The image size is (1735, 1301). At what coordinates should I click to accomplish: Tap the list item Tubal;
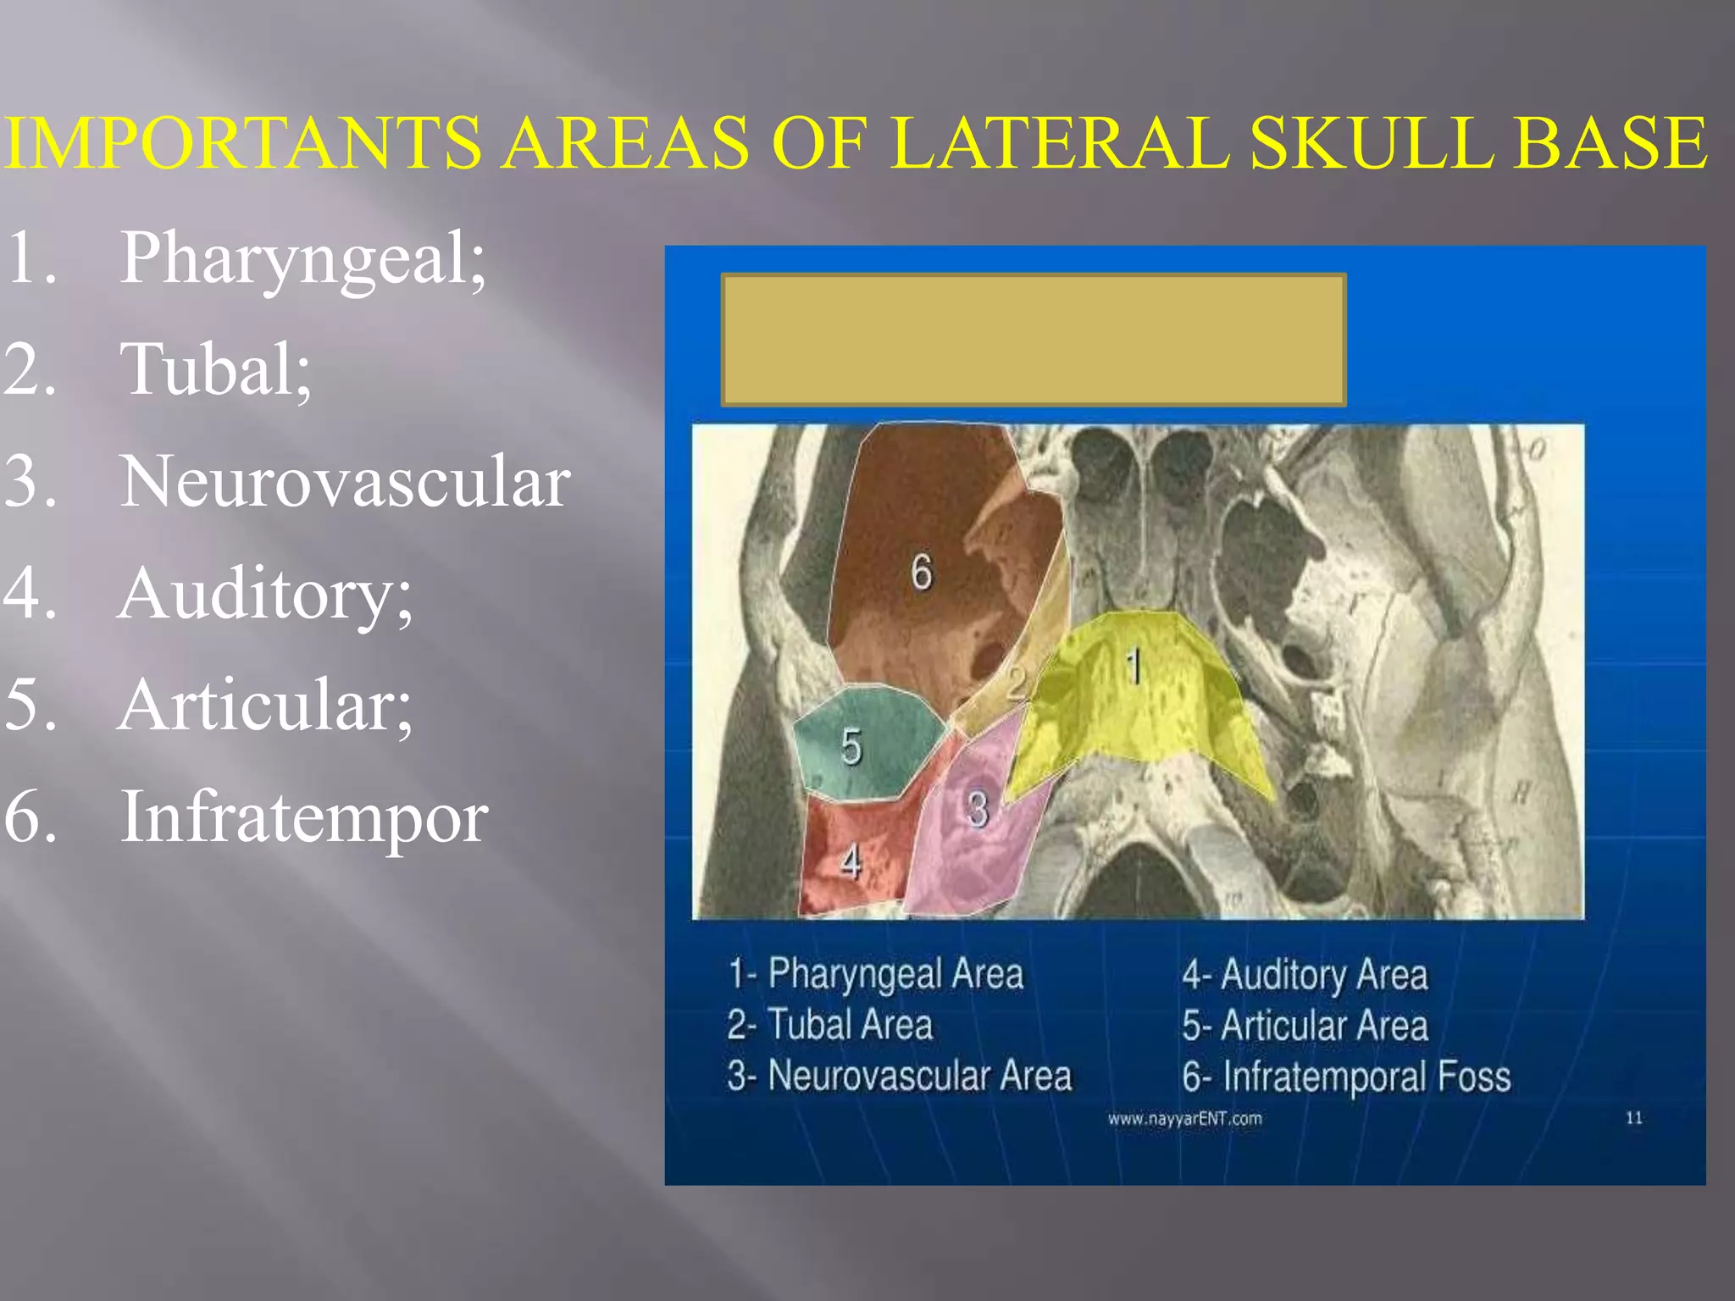click(x=216, y=370)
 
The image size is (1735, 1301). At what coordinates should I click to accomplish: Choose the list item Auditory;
click(x=265, y=594)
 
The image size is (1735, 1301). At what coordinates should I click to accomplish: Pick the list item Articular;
click(x=265, y=706)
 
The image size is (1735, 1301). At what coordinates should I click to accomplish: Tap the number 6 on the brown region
click(x=922, y=572)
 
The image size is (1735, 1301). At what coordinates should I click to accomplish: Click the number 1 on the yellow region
click(x=1134, y=667)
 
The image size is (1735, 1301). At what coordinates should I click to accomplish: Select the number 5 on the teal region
click(x=851, y=747)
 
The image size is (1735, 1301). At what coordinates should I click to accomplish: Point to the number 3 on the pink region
click(x=978, y=809)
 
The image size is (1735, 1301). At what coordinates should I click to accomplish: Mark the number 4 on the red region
click(x=851, y=863)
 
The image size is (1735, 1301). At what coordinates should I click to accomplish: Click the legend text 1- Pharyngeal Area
click(x=876, y=974)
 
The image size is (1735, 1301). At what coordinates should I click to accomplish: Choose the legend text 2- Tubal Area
click(x=830, y=1025)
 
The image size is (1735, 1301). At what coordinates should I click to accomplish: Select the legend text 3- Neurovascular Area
click(x=900, y=1076)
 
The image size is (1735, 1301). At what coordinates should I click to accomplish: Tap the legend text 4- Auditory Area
click(x=1305, y=974)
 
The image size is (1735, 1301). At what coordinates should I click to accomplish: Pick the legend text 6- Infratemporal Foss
click(x=1347, y=1077)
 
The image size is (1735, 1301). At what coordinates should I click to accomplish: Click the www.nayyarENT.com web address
click(x=1184, y=1119)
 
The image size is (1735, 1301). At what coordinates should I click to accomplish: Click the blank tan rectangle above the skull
click(x=1034, y=340)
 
